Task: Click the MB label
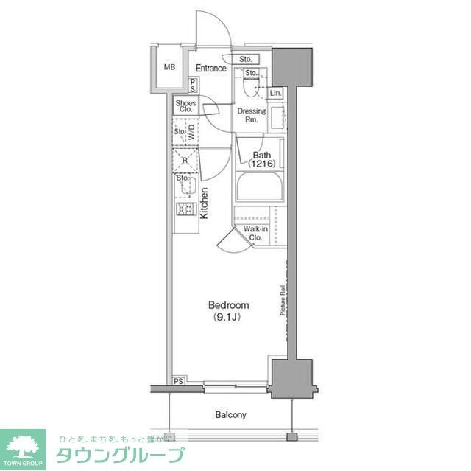(169, 68)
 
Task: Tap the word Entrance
(210, 69)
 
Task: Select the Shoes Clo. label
(185, 106)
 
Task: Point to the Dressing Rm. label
(251, 115)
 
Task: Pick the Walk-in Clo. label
(256, 234)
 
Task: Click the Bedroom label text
(228, 305)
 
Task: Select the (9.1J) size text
(228, 318)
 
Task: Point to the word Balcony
(231, 415)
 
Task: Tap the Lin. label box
(275, 94)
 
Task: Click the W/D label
(191, 133)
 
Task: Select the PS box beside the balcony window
(179, 380)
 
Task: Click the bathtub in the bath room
(260, 187)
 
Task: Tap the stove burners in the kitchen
(184, 209)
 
